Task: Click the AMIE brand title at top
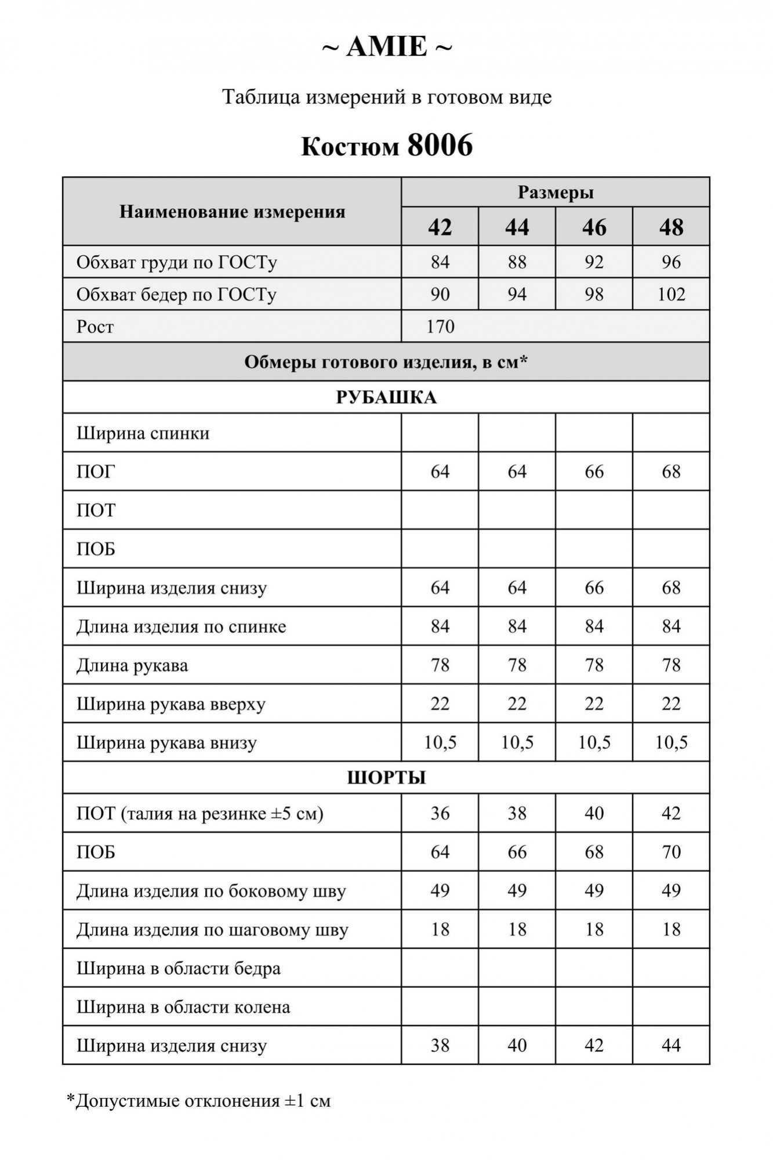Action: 387,47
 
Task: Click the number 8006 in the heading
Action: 440,146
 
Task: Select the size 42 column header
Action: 440,227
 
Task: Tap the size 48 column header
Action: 671,227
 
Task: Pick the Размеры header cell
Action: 555,193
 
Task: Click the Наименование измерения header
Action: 232,212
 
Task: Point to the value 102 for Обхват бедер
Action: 671,295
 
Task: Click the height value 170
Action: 440,327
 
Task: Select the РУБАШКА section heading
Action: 386,398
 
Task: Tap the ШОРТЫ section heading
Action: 386,777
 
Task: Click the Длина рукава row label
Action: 132,665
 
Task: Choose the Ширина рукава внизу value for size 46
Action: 594,742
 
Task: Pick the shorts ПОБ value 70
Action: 671,852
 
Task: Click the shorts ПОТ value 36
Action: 440,813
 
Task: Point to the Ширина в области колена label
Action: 183,1007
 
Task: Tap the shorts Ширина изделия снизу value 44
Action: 671,1045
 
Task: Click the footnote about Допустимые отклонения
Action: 199,1100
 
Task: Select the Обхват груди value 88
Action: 517,262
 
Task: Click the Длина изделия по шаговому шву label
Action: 212,930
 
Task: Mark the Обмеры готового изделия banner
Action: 386,362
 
